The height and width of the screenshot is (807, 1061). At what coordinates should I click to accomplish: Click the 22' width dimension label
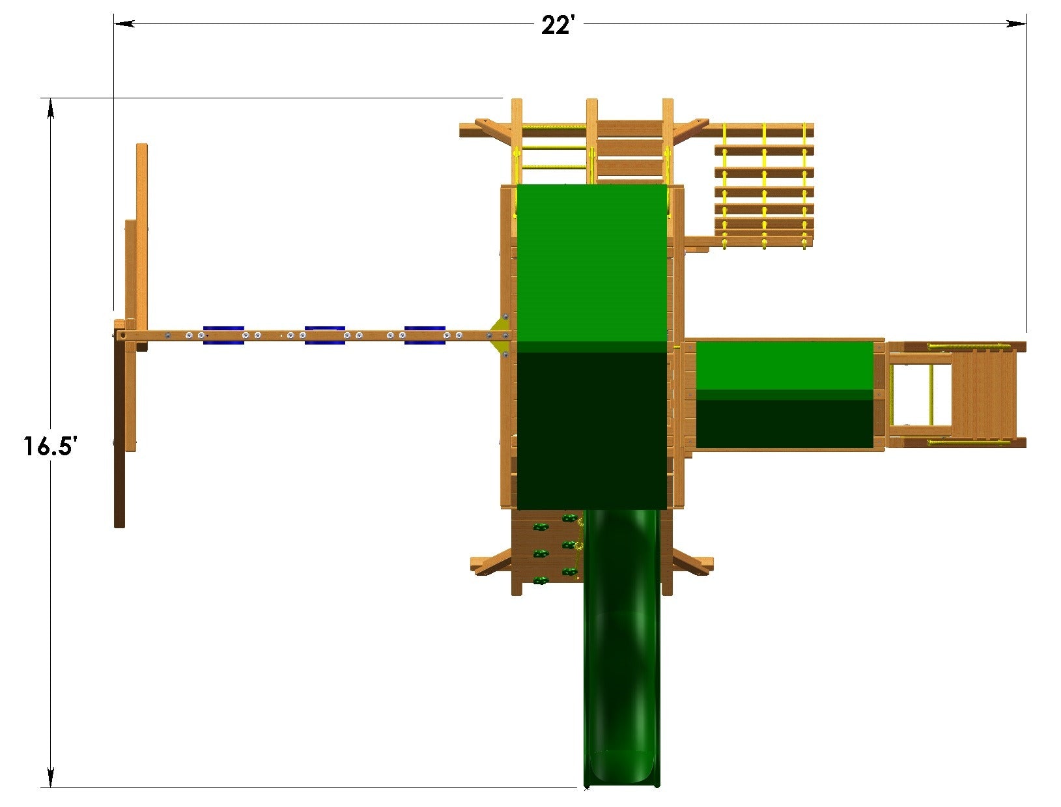[x=558, y=25]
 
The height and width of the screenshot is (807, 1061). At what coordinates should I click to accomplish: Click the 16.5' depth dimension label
[x=51, y=446]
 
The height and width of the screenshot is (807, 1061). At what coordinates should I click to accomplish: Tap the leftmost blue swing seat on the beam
[x=223, y=335]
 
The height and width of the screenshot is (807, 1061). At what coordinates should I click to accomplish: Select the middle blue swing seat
[x=324, y=335]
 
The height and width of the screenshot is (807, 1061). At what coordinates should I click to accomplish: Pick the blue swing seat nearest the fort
[x=425, y=335]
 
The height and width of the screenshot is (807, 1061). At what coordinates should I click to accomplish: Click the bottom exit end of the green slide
[x=621, y=772]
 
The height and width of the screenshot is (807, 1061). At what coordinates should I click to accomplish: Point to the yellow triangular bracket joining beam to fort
[x=502, y=335]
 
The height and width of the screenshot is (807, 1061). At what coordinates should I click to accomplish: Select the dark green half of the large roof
[x=591, y=430]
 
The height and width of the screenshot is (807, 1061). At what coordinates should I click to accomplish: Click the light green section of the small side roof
[x=784, y=365]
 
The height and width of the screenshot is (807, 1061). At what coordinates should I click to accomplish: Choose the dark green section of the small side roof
[x=784, y=423]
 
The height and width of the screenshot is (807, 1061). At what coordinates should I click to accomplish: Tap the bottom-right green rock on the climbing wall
[x=570, y=573]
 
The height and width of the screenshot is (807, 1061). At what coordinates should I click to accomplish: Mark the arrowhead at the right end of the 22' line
[x=1016, y=23]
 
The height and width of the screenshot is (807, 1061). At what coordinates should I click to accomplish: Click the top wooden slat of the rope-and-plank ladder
[x=763, y=150]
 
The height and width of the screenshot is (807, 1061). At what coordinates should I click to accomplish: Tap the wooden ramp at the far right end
[x=983, y=394]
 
